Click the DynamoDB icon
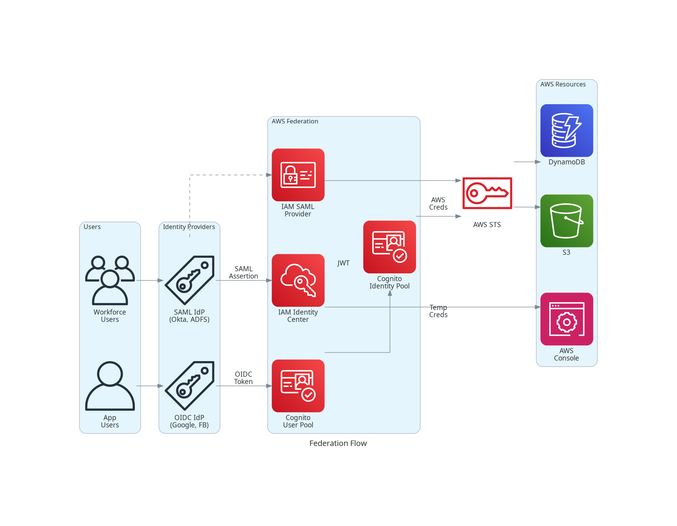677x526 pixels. [x=566, y=130]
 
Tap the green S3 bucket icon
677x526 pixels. [x=566, y=221]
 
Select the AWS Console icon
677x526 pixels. [x=566, y=319]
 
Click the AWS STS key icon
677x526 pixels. [x=487, y=193]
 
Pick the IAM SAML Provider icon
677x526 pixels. [x=298, y=175]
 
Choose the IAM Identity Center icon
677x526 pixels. [x=298, y=280]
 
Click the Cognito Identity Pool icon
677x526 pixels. [x=389, y=247]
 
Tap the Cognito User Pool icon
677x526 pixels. [x=298, y=386]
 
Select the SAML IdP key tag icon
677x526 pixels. [x=190, y=280]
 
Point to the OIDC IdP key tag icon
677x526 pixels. [x=190, y=386]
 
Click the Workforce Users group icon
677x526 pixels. [x=110, y=280]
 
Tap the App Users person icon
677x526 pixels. [x=110, y=386]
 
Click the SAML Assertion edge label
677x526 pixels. [x=243, y=273]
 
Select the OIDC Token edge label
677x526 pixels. [x=243, y=378]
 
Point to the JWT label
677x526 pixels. [x=343, y=263]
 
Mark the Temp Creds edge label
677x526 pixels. [x=438, y=311]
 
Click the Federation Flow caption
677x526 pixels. [x=338, y=443]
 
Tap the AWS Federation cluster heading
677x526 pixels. [x=295, y=121]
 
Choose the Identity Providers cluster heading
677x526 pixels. [x=189, y=227]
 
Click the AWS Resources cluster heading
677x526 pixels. [x=563, y=84]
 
